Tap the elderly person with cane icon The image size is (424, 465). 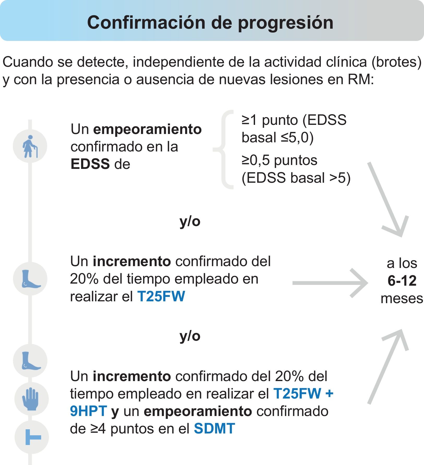tap(30, 146)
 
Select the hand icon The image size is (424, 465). tap(31, 399)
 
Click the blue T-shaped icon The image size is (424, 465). tap(32, 437)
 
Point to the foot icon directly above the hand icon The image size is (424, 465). tap(31, 361)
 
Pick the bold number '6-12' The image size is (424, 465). tap(402, 281)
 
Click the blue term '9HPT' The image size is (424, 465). tap(88, 411)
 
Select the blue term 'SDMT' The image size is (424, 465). tap(214, 429)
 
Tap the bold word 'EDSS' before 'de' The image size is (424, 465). tap(90, 164)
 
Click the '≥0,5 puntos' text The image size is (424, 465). tap(279, 160)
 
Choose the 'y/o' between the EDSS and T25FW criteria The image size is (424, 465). tap(190, 222)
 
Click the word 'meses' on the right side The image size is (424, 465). tap(402, 298)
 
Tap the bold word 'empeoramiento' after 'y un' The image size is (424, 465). tap(198, 411)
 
